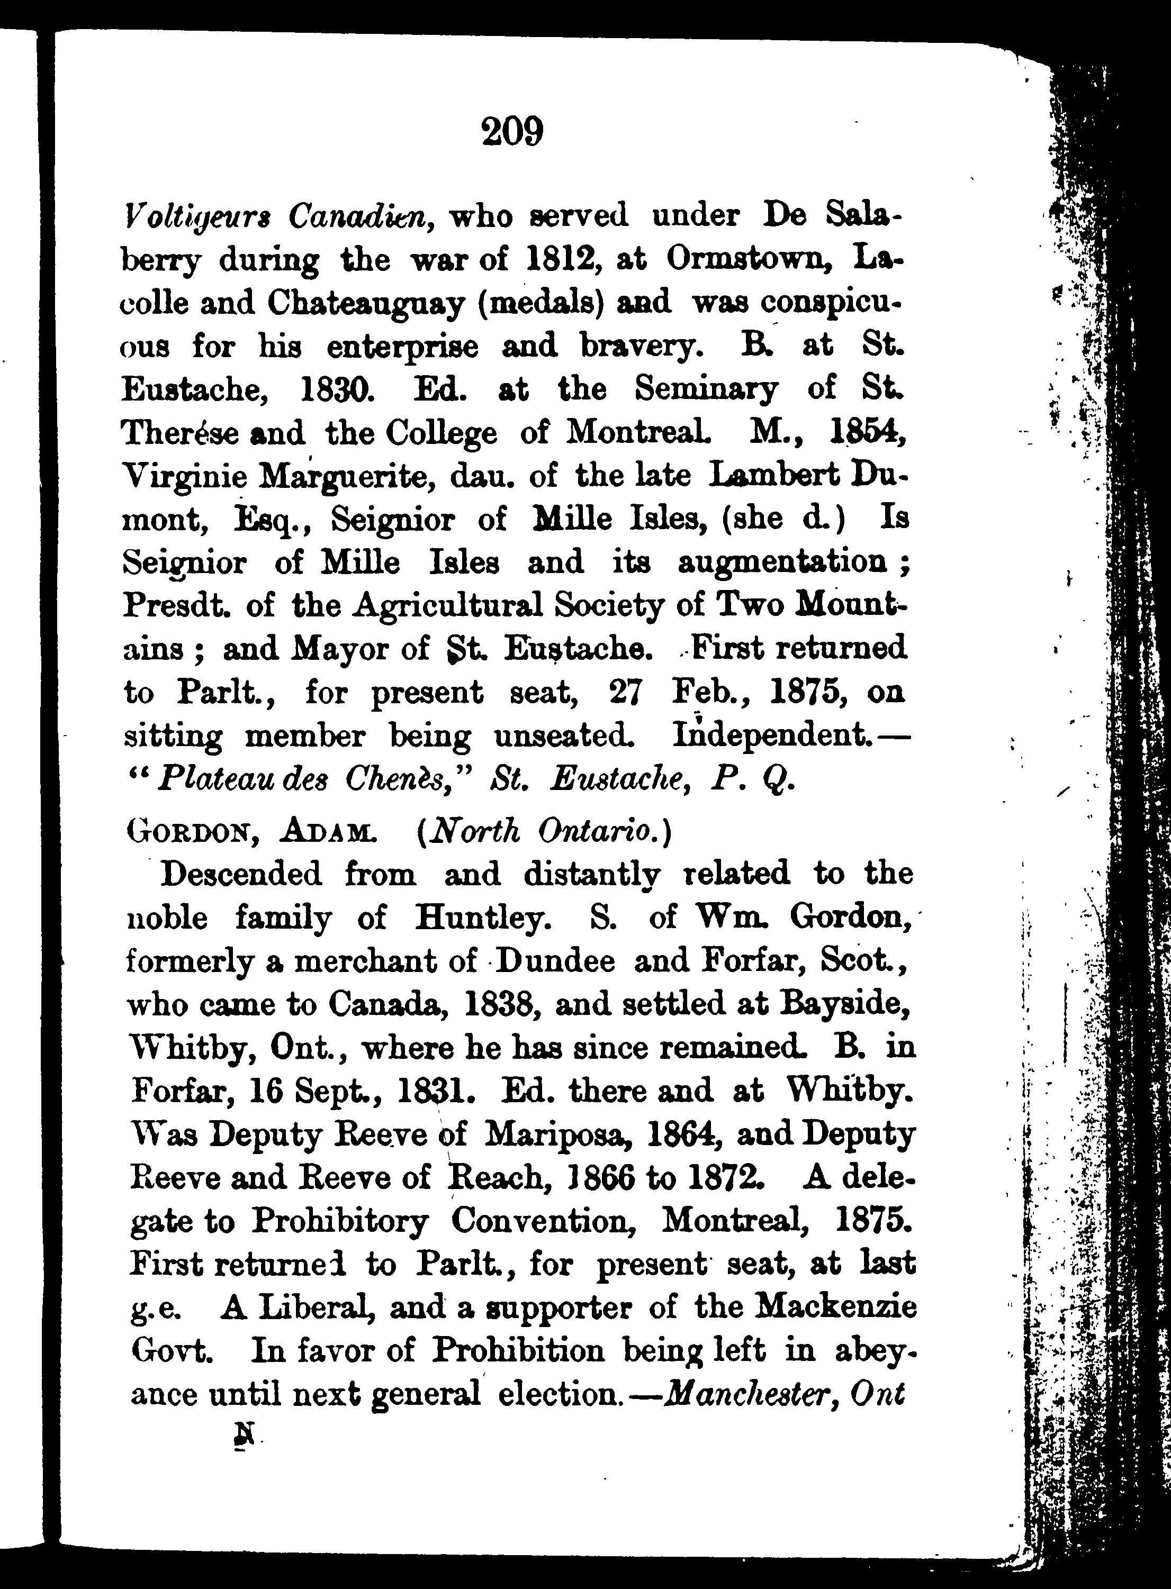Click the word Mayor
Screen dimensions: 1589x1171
coord(333,648)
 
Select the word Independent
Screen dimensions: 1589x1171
coord(772,736)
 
